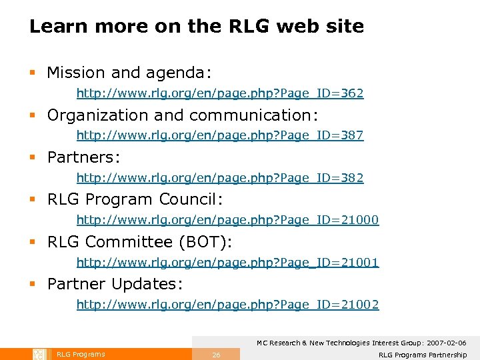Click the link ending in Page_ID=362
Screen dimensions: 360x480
[220, 93]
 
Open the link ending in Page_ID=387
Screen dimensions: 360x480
[220, 135]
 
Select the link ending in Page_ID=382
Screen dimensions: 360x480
[220, 178]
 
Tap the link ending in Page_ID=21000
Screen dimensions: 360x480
[227, 220]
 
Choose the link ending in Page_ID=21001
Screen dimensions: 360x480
[227, 263]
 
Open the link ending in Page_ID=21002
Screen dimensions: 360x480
[227, 305]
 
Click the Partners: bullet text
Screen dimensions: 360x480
[83, 157]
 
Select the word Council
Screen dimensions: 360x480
[196, 199]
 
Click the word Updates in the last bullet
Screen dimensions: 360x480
[147, 284]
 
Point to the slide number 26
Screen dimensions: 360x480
[216, 355]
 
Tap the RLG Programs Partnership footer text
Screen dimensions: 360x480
[423, 355]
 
